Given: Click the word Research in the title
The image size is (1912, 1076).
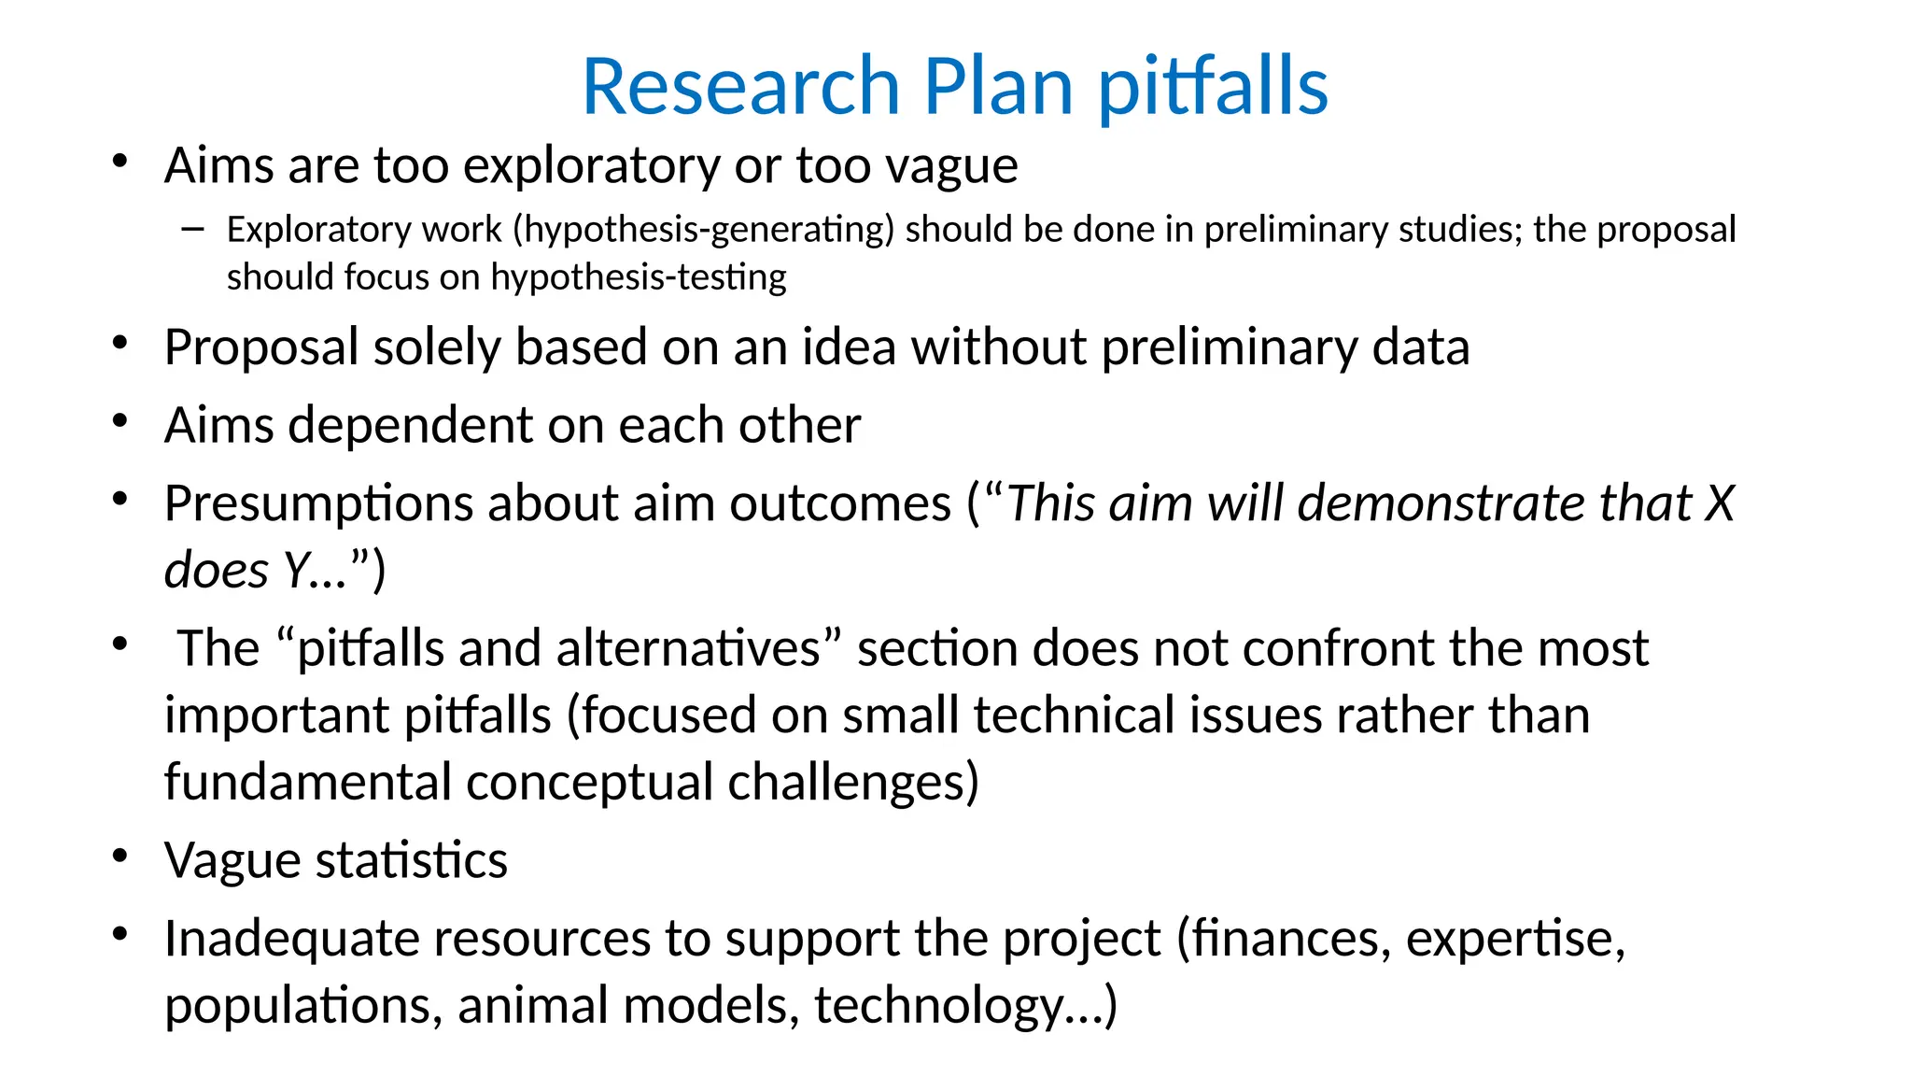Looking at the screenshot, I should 741,86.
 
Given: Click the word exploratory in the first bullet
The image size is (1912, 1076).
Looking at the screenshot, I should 591,166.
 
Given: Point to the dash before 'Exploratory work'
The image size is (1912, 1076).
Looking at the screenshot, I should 193,229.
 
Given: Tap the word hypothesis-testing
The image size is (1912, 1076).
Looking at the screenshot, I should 639,277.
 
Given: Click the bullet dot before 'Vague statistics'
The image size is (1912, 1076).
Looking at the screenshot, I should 119,857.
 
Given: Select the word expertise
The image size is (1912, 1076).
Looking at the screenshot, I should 1514,939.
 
